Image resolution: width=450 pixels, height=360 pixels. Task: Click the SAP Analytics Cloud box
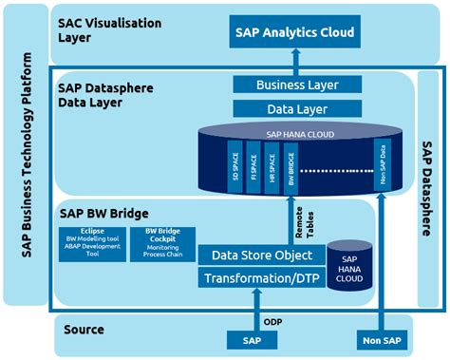point(294,33)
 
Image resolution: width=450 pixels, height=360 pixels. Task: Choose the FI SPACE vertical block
point(253,161)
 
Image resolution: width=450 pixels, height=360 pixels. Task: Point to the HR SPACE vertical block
point(272,161)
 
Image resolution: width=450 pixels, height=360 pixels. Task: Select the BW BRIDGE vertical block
point(291,161)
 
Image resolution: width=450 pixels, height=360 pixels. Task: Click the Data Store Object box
point(256,255)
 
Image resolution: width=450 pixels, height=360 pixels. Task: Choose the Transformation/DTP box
point(256,277)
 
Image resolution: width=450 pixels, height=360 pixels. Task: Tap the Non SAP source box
point(383,339)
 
